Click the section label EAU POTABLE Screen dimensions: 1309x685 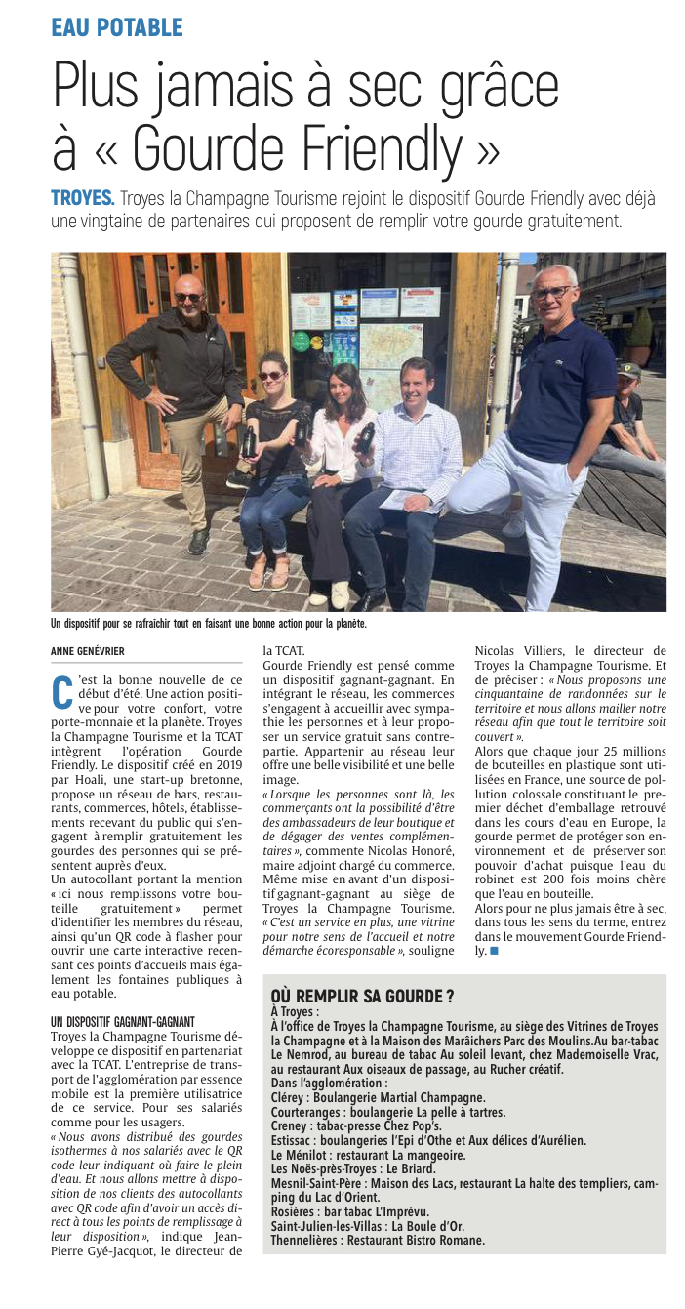pos(117,27)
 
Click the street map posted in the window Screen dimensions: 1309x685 pos(390,346)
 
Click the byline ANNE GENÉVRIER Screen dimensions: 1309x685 pos(88,651)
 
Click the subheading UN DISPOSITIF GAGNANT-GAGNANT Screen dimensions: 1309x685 pos(123,1021)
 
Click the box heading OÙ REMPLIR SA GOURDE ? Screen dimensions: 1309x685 pos(362,996)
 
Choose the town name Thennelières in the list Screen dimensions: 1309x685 pos(310,1240)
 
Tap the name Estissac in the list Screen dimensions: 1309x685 pos(297,1139)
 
